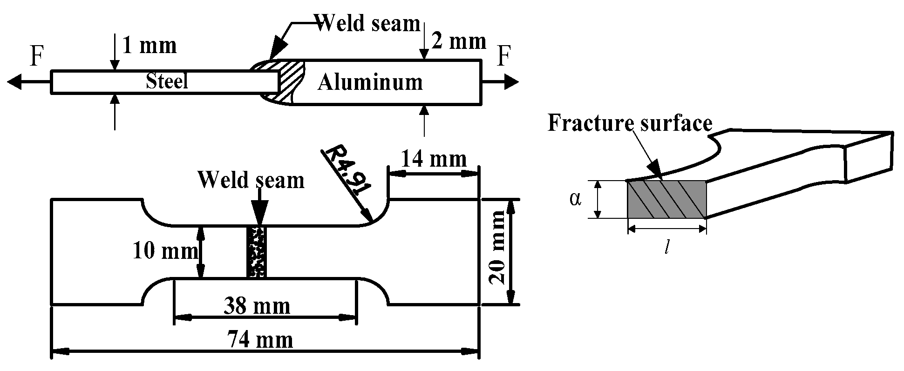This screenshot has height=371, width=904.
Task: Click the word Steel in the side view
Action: pyautogui.click(x=167, y=82)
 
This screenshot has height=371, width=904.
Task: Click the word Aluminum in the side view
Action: pyautogui.click(x=370, y=83)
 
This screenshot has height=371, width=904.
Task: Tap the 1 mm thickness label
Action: pyautogui.click(x=149, y=46)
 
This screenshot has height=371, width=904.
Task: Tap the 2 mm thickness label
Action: pyautogui.click(x=459, y=42)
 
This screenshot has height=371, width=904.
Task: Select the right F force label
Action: pyautogui.click(x=504, y=57)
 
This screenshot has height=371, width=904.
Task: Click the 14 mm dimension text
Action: pyautogui.click(x=433, y=160)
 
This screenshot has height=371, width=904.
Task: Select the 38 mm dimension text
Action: pyautogui.click(x=257, y=306)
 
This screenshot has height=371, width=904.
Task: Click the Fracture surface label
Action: pyautogui.click(x=629, y=124)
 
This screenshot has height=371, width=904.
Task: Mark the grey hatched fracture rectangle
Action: pyautogui.click(x=667, y=199)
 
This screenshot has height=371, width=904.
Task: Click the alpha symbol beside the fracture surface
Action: pyautogui.click(x=576, y=199)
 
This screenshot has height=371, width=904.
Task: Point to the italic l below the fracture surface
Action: pyautogui.click(x=667, y=248)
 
